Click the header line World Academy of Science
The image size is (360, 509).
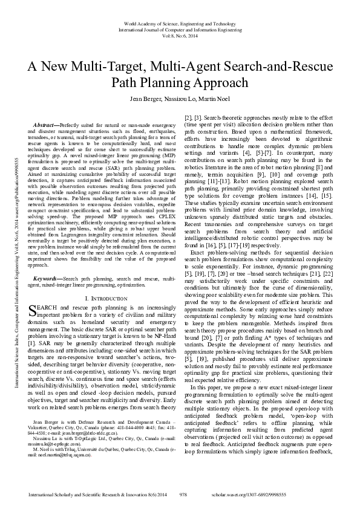pyautogui.click(x=180, y=21)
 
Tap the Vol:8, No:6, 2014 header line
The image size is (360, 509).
pyautogui.click(x=180, y=36)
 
